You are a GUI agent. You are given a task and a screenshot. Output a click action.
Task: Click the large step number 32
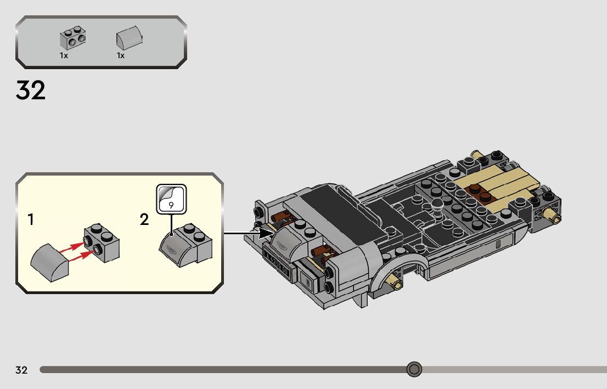31,91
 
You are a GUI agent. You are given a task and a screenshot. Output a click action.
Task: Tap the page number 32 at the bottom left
21,370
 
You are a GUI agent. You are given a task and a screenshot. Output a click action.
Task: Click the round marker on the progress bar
414,369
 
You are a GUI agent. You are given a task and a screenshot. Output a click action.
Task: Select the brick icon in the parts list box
73,38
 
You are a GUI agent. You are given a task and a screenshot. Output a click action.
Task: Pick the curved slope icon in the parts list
130,37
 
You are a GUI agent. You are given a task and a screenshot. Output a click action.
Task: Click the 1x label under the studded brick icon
64,55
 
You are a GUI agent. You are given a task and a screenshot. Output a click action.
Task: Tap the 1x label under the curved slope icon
121,55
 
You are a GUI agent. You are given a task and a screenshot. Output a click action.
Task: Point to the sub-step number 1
31,220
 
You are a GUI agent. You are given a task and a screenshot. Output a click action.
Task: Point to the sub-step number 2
144,220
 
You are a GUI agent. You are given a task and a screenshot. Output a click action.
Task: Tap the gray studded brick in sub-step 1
102,243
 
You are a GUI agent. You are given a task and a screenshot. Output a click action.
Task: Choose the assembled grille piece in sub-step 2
185,245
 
